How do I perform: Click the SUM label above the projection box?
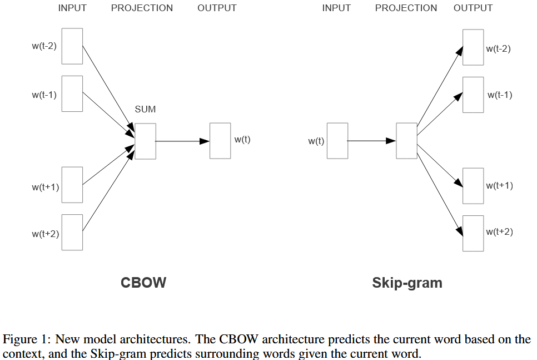pos(145,109)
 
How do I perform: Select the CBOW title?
pos(143,283)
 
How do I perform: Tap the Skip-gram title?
pos(407,283)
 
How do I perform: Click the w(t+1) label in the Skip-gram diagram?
pos(500,185)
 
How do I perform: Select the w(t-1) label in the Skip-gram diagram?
pos(500,95)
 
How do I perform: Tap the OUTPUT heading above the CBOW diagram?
pos(217,8)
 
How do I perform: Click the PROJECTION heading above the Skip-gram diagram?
pos(406,8)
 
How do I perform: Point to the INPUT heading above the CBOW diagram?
pos(72,8)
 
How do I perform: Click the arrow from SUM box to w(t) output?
pos(182,141)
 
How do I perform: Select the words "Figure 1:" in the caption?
pos(27,339)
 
